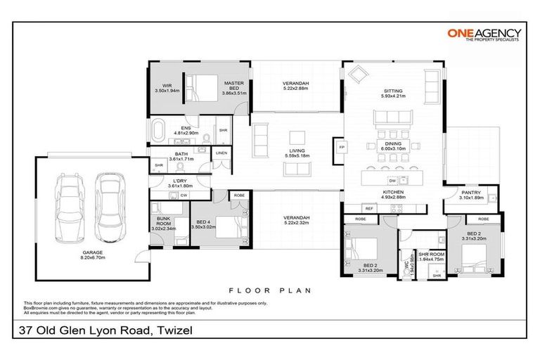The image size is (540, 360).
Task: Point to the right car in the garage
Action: tap(109, 198)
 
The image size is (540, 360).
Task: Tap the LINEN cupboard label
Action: tap(221, 153)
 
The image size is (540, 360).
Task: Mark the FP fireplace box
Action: tap(342, 148)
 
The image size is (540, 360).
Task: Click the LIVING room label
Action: tap(296, 150)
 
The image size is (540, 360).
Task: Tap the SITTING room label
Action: tap(392, 91)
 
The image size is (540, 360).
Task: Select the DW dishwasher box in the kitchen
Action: tap(373, 181)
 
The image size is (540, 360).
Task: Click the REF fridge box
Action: tap(368, 208)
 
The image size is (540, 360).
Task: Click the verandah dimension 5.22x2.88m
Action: tap(296, 89)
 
